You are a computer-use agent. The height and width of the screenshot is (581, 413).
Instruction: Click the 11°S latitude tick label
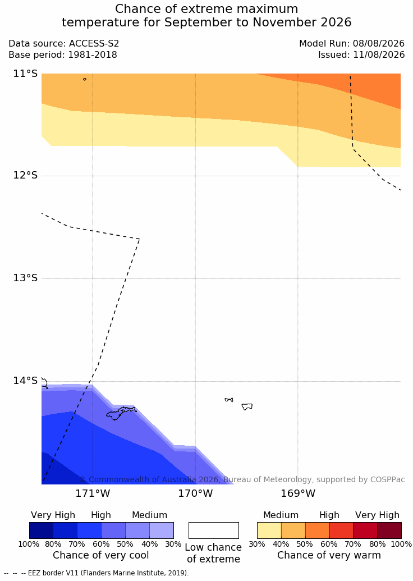(x=26, y=74)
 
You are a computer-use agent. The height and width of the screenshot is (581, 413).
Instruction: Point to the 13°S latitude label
(x=26, y=277)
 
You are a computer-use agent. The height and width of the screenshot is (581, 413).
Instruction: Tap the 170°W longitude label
(x=196, y=493)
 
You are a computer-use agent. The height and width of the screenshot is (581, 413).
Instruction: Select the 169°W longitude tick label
(x=298, y=493)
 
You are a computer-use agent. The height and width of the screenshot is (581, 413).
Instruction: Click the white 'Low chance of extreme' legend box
(x=214, y=530)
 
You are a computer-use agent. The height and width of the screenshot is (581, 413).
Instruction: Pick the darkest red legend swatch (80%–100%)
(x=389, y=530)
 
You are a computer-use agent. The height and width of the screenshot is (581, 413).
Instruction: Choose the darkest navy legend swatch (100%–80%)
(x=41, y=530)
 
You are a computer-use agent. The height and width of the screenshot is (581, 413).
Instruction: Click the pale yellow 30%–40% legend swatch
(x=269, y=530)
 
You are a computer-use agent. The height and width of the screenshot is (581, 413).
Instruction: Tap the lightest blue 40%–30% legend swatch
(x=162, y=530)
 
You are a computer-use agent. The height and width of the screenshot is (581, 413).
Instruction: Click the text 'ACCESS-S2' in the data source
(x=94, y=44)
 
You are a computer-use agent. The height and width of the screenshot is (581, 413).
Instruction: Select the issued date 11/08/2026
(x=379, y=55)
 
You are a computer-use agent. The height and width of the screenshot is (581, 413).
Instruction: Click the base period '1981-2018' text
(x=92, y=55)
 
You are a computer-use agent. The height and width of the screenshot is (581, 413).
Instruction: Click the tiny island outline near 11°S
(x=85, y=79)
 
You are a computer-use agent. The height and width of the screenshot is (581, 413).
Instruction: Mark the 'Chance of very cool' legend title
(x=101, y=555)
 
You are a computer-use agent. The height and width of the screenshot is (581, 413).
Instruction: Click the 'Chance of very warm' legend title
(x=329, y=555)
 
